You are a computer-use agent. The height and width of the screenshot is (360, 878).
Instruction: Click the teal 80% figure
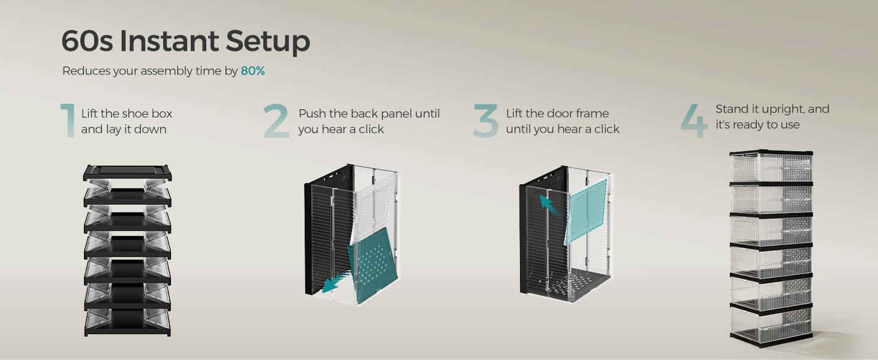pos(253,71)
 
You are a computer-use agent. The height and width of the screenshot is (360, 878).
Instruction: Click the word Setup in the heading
pos(268,42)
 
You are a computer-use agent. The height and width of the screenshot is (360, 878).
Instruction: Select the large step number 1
pos(68,121)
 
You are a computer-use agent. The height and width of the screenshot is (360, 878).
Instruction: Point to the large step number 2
pos(276,121)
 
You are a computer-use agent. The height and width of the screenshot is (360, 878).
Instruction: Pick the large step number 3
pos(486,121)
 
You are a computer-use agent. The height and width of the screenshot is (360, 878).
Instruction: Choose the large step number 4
pos(694,121)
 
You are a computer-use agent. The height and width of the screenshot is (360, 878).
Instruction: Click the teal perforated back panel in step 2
pos(372,265)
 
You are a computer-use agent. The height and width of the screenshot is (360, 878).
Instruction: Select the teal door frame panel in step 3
pos(587,211)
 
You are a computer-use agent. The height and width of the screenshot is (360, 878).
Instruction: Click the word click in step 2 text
pos(371,129)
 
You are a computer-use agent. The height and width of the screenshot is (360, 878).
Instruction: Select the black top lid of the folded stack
pos(127,173)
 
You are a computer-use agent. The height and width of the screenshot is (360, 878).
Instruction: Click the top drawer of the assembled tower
pos(771,167)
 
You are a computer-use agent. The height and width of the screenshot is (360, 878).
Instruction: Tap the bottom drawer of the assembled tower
pos(771,325)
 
